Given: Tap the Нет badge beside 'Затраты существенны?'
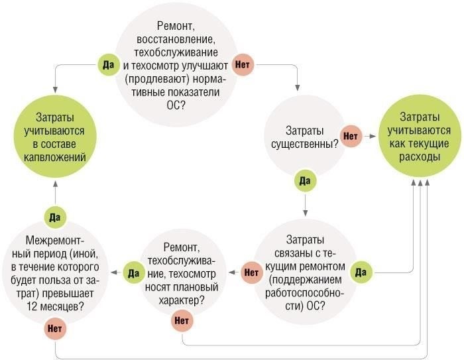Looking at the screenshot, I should coord(349,135).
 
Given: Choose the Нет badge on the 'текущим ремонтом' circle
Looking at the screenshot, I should coord(251,271).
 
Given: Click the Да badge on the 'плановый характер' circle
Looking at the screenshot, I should coord(132,271).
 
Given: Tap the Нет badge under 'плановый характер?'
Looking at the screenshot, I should coord(181,321).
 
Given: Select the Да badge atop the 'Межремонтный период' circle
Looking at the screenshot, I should coord(54,216).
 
